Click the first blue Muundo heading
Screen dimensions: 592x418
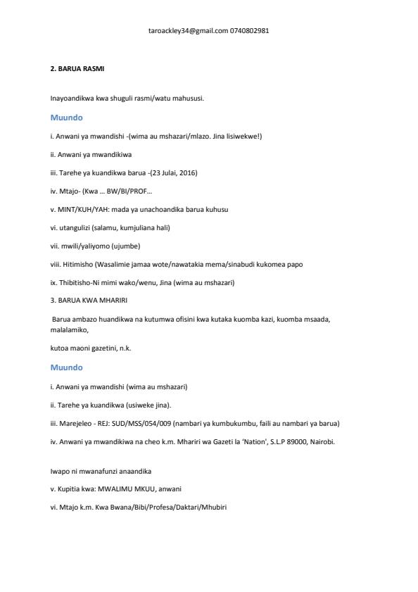(x=67, y=118)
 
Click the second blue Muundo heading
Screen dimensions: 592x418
(x=67, y=367)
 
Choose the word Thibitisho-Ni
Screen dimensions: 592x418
(x=80, y=282)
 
